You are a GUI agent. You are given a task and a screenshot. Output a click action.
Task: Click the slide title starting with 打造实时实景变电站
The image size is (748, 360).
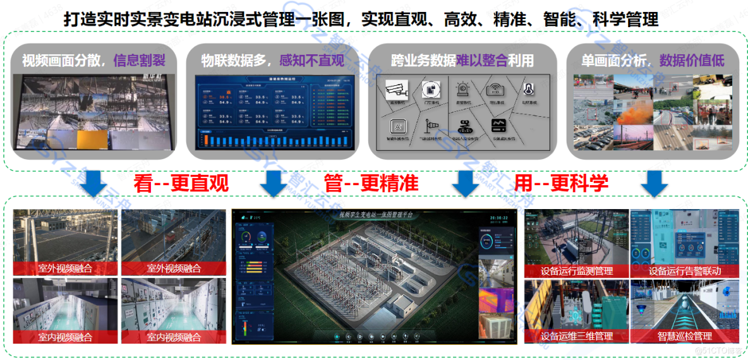[361, 20]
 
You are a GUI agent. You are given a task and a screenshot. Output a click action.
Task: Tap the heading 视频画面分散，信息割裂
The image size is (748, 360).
[93, 61]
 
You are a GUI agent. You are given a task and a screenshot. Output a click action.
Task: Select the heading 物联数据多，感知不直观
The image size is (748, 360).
[272, 61]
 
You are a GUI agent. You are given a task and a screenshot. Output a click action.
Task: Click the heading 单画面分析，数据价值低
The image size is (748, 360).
[653, 61]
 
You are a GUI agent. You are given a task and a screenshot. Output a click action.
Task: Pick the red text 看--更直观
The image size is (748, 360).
[181, 183]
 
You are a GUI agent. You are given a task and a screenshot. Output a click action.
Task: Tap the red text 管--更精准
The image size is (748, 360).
[371, 183]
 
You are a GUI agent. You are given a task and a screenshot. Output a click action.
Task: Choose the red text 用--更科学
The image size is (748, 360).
[561, 183]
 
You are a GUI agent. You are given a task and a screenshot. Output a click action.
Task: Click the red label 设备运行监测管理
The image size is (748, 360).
[577, 270]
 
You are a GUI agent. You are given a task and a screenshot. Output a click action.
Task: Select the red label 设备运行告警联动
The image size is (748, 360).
[684, 270]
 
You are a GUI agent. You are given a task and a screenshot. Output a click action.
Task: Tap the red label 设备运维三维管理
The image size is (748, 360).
[577, 336]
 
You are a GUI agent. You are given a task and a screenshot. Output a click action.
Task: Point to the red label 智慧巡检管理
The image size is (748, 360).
[684, 336]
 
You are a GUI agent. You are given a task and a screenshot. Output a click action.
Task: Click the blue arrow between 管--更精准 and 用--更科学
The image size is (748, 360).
[466, 183]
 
